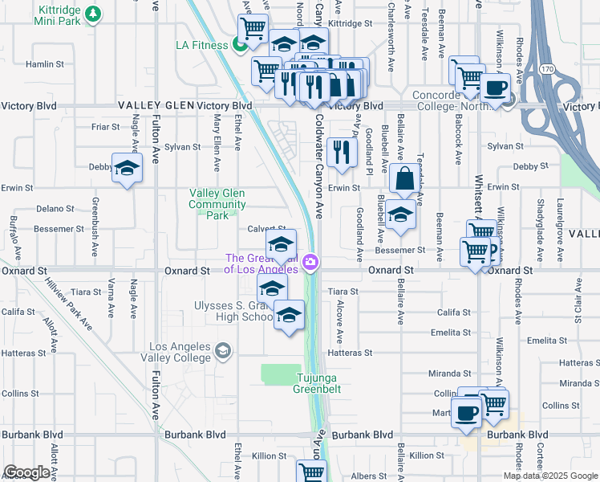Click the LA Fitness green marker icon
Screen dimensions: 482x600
240,45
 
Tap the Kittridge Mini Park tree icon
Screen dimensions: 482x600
94,14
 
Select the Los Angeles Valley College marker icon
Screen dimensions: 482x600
223,350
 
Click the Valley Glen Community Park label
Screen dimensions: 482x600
217,204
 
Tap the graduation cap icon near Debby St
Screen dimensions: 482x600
127,168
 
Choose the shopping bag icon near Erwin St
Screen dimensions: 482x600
406,179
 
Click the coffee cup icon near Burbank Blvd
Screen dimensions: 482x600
467,413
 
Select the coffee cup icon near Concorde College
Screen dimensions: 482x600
494,87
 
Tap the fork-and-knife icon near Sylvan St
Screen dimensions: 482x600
343,151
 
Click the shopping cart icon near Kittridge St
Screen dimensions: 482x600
253,30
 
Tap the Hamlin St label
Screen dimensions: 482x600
45,63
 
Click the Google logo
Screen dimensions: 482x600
26,472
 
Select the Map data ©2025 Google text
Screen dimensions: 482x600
549,476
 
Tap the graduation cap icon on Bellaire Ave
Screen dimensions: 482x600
400,214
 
